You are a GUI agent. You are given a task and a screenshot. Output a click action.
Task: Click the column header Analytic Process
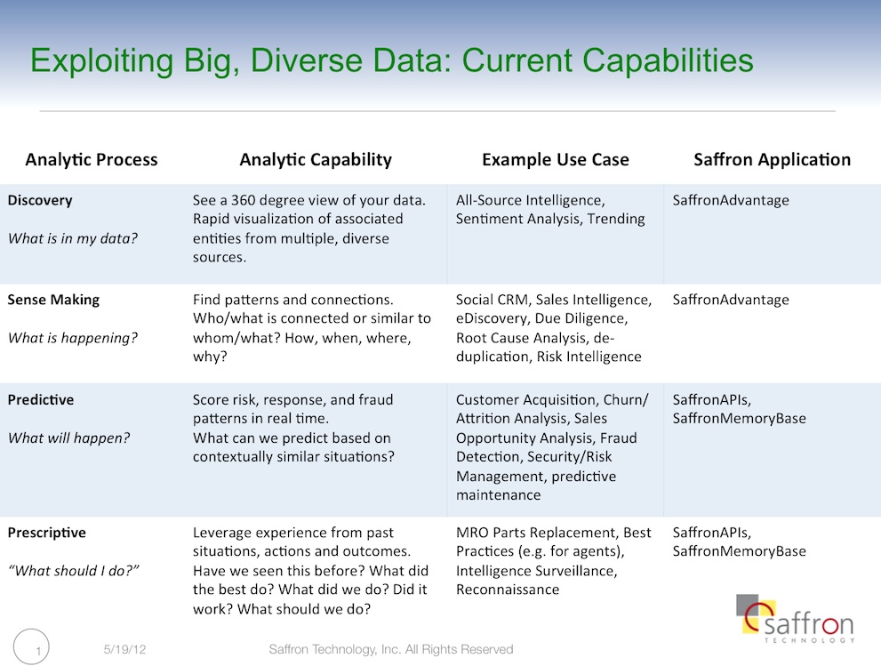[91, 160]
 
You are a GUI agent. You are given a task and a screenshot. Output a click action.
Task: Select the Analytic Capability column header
[316, 160]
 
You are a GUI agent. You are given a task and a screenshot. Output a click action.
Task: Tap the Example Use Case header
[555, 160]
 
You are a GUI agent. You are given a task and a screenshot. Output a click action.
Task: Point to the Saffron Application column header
[772, 160]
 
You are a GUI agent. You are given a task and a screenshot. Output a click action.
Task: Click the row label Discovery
[40, 201]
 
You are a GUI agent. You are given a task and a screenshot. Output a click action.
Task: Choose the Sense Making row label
[53, 301]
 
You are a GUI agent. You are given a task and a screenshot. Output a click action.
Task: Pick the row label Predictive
[41, 399]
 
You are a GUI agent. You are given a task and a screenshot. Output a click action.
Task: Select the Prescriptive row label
[46, 533]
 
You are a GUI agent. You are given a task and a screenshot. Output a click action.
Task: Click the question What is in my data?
[73, 239]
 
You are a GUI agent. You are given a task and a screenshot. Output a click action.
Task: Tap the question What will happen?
[68, 437]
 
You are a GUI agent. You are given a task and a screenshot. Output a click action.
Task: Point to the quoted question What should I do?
[74, 571]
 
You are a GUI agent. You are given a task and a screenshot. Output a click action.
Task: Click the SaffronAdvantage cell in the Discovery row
[731, 201]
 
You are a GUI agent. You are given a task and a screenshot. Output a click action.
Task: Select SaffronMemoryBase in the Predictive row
[739, 419]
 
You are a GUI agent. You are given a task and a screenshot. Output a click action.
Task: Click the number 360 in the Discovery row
[244, 200]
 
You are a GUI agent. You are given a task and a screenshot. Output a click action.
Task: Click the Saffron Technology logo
[795, 619]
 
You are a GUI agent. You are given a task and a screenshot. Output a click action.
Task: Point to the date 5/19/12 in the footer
[124, 650]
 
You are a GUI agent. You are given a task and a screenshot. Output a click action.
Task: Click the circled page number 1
[31, 647]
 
